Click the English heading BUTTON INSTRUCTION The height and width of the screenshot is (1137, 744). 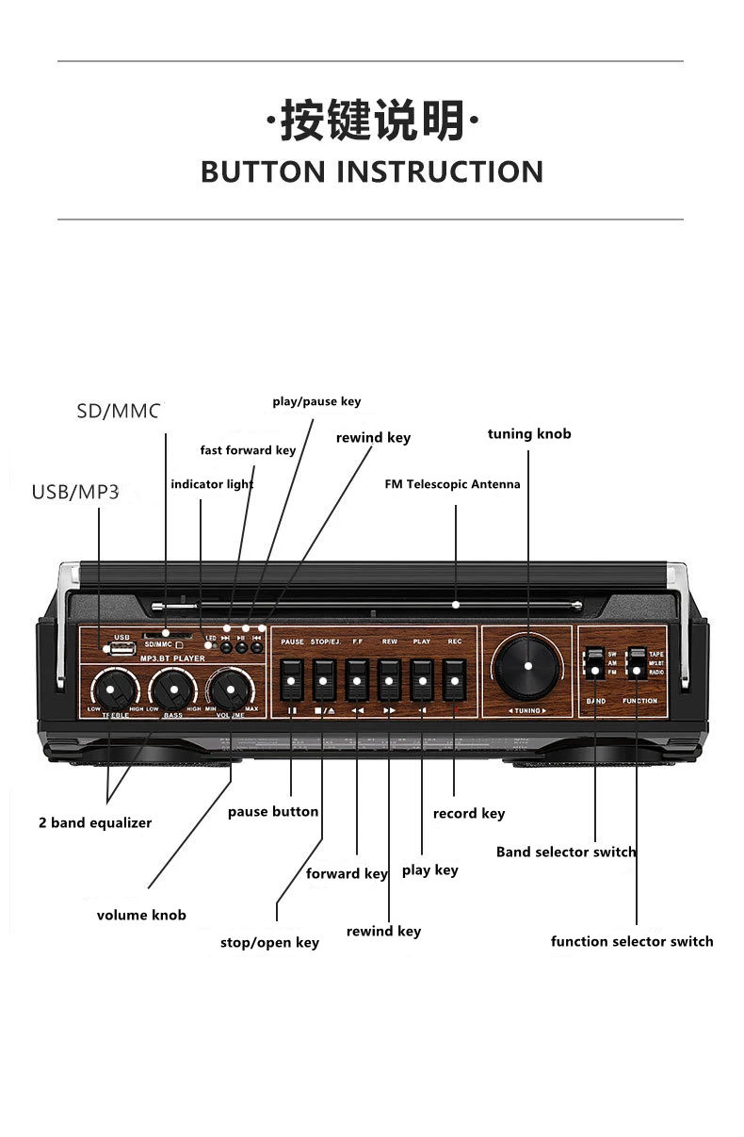point(372,172)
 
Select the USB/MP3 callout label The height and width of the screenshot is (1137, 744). point(75,492)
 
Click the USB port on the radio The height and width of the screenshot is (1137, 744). point(121,648)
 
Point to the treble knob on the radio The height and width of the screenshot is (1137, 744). point(110,690)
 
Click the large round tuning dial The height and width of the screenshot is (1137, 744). point(527,666)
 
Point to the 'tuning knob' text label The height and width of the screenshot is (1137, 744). point(529,434)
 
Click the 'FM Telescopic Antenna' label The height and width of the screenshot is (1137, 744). point(452,484)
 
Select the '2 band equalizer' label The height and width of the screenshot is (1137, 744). point(95,822)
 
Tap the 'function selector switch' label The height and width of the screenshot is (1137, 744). point(632,941)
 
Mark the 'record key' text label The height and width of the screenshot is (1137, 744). point(469,813)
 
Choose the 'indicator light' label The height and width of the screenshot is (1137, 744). point(212,484)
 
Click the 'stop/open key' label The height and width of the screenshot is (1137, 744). point(269,942)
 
